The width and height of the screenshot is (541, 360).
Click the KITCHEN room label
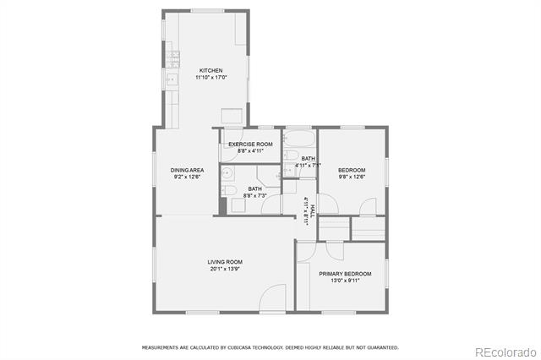210,70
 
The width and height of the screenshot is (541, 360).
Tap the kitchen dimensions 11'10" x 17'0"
210,77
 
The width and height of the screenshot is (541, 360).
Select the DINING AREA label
187,170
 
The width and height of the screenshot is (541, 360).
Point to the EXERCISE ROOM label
250,145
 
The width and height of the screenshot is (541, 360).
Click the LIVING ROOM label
225,262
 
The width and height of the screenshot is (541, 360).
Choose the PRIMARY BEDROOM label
345,274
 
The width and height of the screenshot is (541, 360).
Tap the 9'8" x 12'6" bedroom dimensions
352,177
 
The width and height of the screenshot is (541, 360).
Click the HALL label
313,210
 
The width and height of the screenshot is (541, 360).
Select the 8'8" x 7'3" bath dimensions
255,195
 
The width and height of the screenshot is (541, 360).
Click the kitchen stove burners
172,59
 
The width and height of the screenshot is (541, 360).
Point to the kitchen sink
172,79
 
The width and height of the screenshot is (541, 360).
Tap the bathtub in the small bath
298,139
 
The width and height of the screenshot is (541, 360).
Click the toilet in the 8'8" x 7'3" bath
228,189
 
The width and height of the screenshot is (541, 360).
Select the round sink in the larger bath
227,173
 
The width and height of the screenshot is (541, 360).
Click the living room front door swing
272,297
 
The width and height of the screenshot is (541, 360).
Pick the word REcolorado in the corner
505,352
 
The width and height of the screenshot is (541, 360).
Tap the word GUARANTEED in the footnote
383,347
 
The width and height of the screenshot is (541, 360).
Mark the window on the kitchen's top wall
207,11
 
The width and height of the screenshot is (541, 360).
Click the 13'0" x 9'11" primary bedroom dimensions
345,281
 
